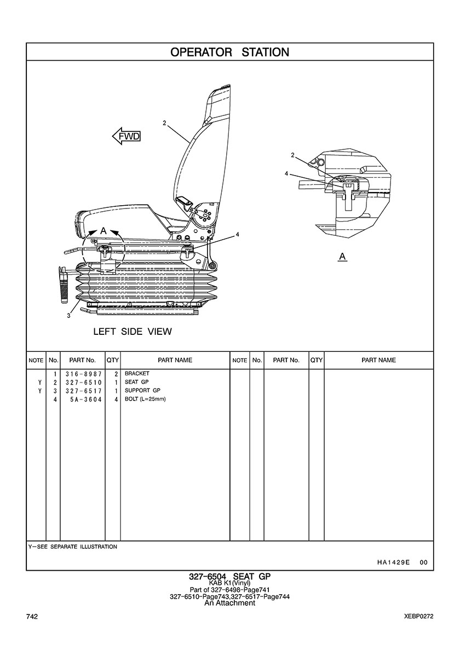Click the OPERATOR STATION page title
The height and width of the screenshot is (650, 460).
pyautogui.click(x=230, y=52)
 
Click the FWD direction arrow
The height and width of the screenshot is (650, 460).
pyautogui.click(x=127, y=136)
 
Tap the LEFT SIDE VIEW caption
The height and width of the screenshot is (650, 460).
pyautogui.click(x=133, y=332)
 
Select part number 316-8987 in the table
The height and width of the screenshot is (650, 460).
pyautogui.click(x=83, y=374)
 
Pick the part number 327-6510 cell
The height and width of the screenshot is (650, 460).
pyautogui.click(x=83, y=382)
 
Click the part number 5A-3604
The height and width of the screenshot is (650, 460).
pyautogui.click(x=86, y=399)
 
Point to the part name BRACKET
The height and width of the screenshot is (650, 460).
pyautogui.click(x=137, y=374)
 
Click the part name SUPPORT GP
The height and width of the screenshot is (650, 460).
pyautogui.click(x=142, y=391)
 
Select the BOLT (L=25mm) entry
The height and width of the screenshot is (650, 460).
pyautogui.click(x=145, y=399)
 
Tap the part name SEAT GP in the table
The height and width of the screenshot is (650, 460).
pyautogui.click(x=136, y=382)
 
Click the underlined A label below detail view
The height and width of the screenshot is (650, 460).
pyautogui.click(x=342, y=257)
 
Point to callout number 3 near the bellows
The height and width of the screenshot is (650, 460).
pyautogui.click(x=68, y=316)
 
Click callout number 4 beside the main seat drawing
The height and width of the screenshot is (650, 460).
pyautogui.click(x=237, y=235)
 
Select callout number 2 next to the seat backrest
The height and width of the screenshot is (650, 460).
pyautogui.click(x=164, y=123)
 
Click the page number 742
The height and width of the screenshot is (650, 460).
pyautogui.click(x=32, y=617)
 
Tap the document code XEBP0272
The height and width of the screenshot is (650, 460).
pyautogui.click(x=419, y=617)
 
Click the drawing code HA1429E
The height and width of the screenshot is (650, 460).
pyautogui.click(x=393, y=562)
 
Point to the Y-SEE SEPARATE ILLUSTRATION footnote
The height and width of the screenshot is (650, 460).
pyautogui.click(x=73, y=547)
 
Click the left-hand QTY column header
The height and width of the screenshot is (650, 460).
pyautogui.click(x=112, y=360)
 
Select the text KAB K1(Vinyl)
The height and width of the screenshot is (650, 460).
pyautogui.click(x=229, y=583)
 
